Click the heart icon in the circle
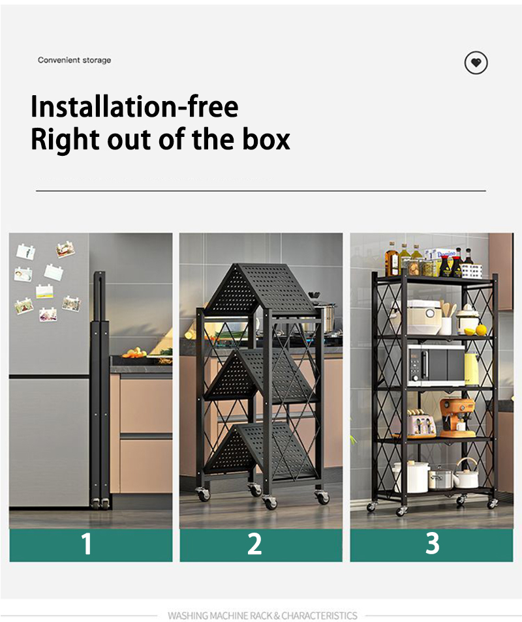(476, 63)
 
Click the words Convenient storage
(74, 60)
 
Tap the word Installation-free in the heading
(134, 106)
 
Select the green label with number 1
(91, 544)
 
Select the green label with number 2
(261, 544)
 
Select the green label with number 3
(431, 544)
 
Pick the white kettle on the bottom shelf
(466, 475)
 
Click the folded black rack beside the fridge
(100, 391)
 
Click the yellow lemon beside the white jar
(482, 330)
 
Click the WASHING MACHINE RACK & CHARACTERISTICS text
(262, 615)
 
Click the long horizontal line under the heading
(261, 191)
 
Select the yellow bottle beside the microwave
(472, 369)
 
